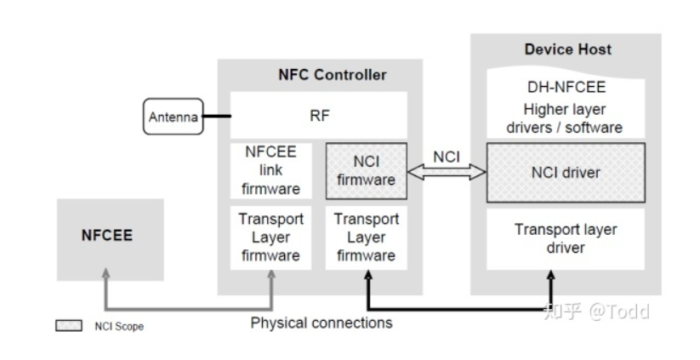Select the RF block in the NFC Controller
[319, 116]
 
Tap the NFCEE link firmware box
[270, 170]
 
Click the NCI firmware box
[366, 171]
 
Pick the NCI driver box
[565, 172]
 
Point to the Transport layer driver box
[565, 238]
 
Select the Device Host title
[565, 49]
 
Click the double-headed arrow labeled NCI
[447, 173]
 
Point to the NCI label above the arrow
[447, 157]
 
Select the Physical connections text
[322, 323]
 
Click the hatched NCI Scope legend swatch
[68, 326]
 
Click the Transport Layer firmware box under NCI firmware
[366, 237]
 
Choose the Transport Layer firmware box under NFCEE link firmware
[270, 237]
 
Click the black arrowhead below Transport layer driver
[552, 277]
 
